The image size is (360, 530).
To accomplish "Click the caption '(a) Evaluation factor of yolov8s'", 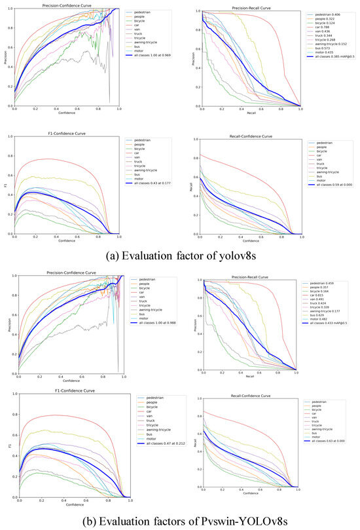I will (179, 256).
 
